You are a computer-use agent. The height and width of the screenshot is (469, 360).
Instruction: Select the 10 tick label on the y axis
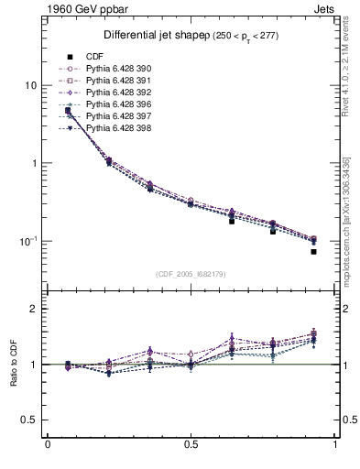[x=30, y=85]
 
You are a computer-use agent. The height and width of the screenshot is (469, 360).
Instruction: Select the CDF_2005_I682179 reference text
[x=191, y=274]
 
